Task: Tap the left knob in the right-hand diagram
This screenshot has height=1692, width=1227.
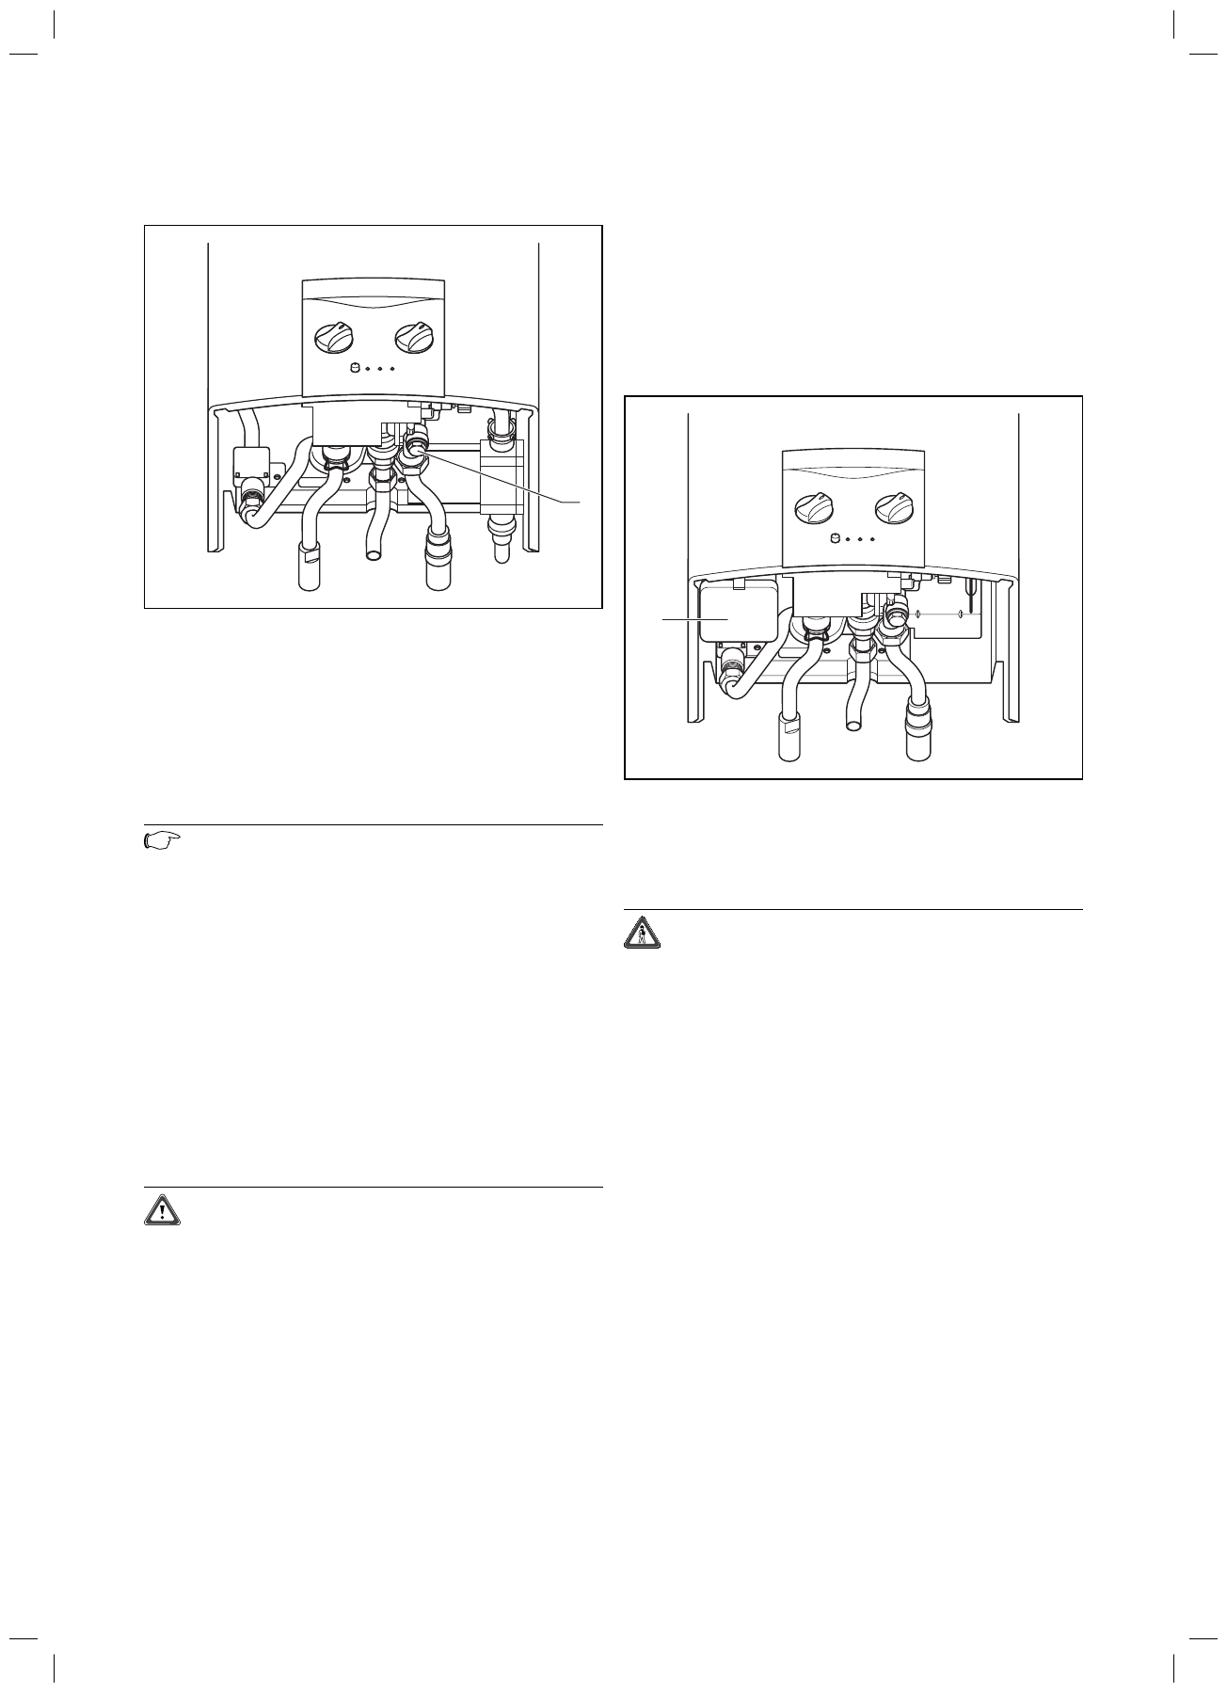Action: click(x=814, y=508)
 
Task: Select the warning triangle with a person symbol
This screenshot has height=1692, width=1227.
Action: click(x=644, y=933)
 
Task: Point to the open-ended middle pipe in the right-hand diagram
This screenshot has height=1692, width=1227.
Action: click(x=856, y=724)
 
